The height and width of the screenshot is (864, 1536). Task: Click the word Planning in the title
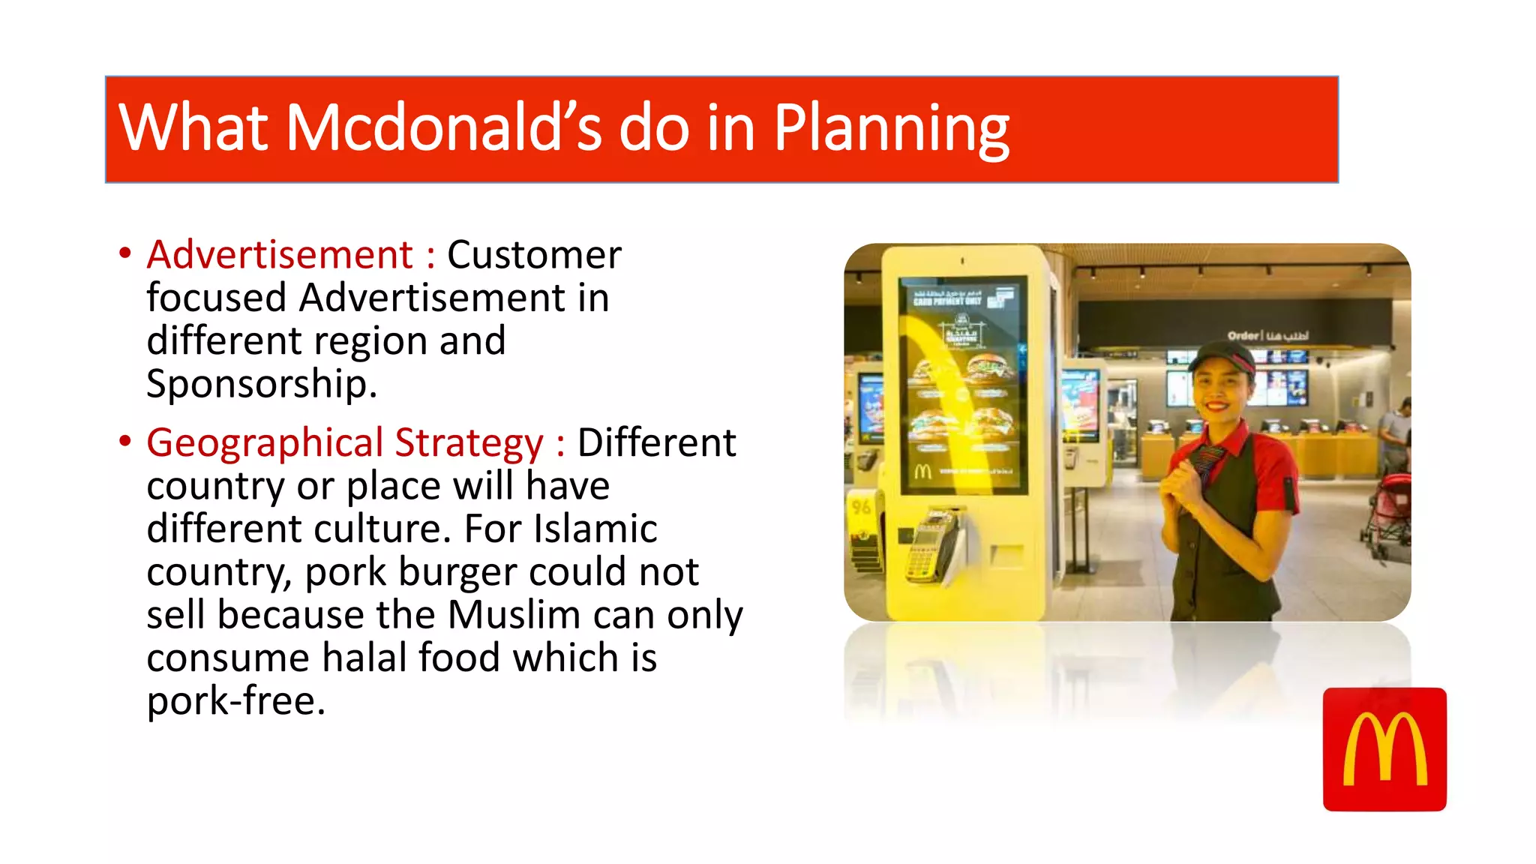tap(891, 129)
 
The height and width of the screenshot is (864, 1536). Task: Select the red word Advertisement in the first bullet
tap(280, 255)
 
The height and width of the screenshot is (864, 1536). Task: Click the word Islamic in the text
tap(595, 529)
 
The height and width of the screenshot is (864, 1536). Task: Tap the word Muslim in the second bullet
tap(514, 615)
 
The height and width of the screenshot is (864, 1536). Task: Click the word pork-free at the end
tap(235, 701)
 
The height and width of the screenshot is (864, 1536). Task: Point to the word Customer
tap(534, 255)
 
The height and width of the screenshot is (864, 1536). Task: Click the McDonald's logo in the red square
tap(1384, 749)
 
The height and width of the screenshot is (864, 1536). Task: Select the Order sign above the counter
tap(1267, 335)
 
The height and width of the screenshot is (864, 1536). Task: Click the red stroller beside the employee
tap(1387, 510)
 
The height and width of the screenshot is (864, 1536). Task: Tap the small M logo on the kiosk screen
tap(922, 472)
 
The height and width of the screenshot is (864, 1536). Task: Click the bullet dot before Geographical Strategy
tap(124, 441)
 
